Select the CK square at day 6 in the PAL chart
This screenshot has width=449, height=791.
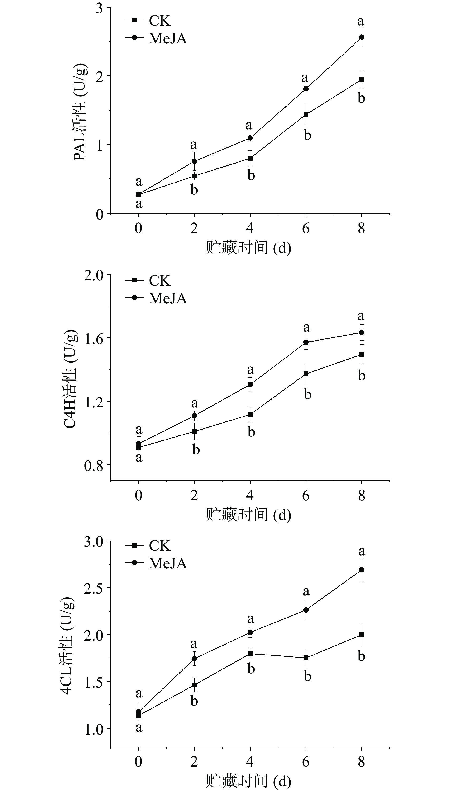[306, 114]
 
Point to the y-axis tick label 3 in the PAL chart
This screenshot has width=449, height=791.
[99, 8]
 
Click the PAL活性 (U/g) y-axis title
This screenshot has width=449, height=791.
[80, 112]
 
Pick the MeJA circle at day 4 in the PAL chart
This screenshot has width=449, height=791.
[250, 138]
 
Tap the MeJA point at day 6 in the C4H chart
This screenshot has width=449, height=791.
[306, 342]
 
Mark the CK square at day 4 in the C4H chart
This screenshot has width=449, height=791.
[250, 414]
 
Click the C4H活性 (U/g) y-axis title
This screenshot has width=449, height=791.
[70, 379]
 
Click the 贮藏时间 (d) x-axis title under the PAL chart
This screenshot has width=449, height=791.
[248, 248]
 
